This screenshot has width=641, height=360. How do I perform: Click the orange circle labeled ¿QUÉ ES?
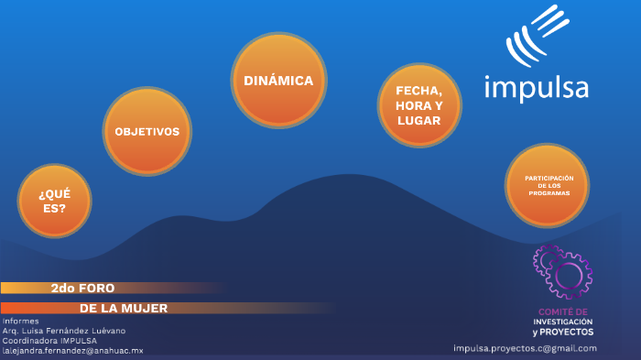54,200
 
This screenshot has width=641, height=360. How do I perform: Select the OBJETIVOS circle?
147,132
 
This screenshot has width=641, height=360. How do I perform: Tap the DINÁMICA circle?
278,81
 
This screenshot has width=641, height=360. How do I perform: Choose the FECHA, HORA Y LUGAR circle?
418,105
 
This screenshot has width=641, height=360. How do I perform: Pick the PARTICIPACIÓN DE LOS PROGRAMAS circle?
548,186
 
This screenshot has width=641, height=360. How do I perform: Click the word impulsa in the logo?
536,88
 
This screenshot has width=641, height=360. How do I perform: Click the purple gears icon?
562,271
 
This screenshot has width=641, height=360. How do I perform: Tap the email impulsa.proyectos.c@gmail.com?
525,348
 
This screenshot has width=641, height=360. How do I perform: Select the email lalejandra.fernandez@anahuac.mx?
73,351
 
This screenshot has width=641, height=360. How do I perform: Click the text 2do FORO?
82,288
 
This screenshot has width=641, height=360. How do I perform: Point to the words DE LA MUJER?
124,309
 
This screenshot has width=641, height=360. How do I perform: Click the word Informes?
20,322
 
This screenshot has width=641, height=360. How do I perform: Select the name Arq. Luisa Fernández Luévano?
64,331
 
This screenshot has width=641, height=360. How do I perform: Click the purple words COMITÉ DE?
562,312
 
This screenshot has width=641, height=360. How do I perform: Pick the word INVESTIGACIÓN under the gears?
562,322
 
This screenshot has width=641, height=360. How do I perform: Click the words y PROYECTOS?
562,332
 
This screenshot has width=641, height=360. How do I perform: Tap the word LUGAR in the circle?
418,120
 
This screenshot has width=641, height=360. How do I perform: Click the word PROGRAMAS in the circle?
548,194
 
